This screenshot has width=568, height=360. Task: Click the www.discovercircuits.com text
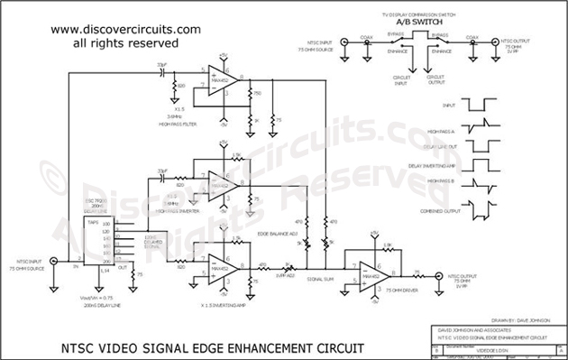[x=125, y=29]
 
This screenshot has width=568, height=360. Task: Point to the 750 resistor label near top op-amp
[x=257, y=93]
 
